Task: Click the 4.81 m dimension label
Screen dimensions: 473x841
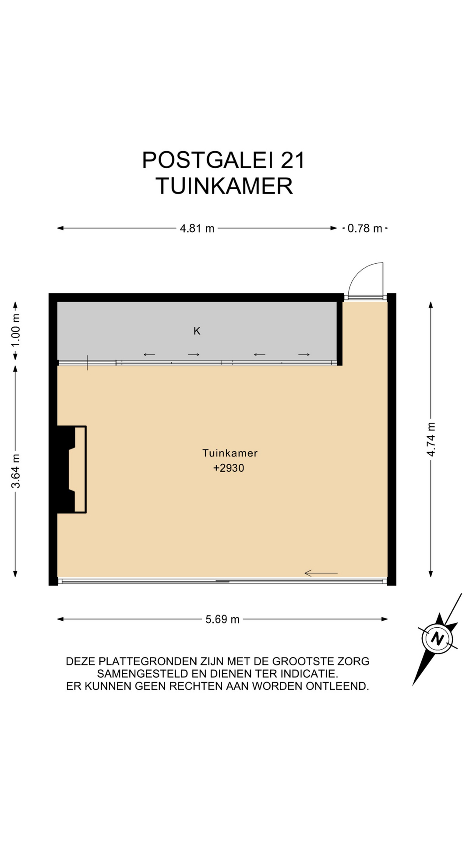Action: click(x=197, y=228)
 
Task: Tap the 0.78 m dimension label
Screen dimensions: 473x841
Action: click(x=365, y=228)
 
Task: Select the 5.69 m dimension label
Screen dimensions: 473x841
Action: click(x=222, y=619)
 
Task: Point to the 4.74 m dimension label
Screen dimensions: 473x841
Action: click(x=431, y=439)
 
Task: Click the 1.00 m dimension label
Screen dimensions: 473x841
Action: click(x=15, y=330)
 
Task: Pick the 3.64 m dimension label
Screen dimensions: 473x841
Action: click(x=15, y=471)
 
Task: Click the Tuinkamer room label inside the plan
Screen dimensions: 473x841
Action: click(x=230, y=453)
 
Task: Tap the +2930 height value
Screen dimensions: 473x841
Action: click(x=229, y=468)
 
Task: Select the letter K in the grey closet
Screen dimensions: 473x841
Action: click(x=197, y=331)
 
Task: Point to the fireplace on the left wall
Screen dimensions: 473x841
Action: click(x=72, y=469)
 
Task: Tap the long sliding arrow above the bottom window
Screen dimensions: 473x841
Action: click(x=321, y=573)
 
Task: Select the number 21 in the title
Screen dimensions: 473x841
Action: click(x=293, y=160)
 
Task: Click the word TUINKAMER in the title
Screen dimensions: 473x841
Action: click(x=224, y=186)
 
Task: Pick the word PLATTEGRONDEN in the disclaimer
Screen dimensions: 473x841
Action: click(x=147, y=661)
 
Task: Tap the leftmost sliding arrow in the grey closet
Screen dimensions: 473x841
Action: click(x=149, y=355)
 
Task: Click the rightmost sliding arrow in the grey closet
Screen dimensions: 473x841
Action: click(x=304, y=355)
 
